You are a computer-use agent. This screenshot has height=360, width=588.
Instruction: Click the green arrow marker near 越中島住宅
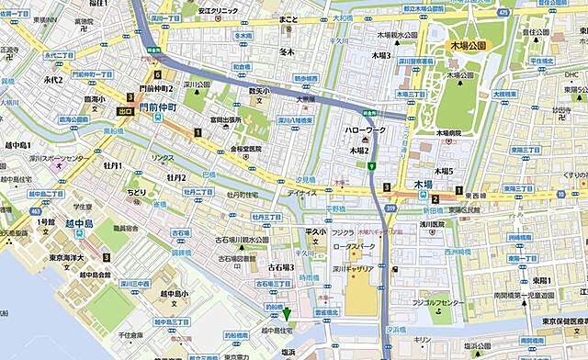click(x=287, y=314)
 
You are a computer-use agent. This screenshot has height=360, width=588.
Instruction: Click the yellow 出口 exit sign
click(x=126, y=110)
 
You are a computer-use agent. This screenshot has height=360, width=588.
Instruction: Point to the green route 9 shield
click(x=371, y=166)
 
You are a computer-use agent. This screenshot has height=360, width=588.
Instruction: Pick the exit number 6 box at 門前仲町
click(x=158, y=74)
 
